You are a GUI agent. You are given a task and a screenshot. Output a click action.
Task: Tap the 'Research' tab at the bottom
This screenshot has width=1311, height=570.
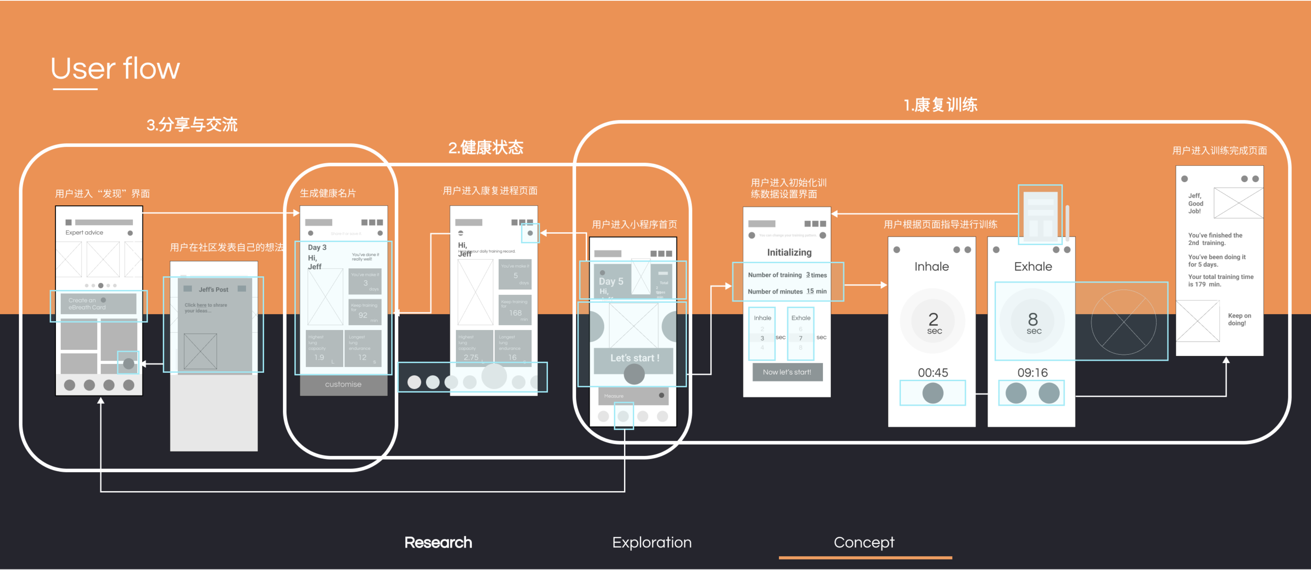(x=438, y=543)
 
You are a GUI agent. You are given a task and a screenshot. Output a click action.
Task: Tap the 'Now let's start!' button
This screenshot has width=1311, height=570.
(x=787, y=372)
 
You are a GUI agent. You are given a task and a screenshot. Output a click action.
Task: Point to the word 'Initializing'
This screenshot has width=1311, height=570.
(x=789, y=252)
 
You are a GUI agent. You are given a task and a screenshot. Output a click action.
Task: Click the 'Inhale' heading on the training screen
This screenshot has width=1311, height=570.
(x=931, y=267)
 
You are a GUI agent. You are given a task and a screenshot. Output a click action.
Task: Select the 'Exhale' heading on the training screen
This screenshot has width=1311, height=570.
(x=1033, y=267)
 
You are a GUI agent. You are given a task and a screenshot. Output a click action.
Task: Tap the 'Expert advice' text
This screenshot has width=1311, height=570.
(x=84, y=233)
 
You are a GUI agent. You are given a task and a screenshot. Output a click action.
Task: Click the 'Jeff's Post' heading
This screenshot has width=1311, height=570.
(x=213, y=290)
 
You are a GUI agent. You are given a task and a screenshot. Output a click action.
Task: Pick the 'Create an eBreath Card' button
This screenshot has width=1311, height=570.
(x=98, y=304)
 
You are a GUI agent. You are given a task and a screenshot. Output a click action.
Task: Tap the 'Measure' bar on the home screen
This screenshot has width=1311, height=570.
(x=633, y=396)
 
